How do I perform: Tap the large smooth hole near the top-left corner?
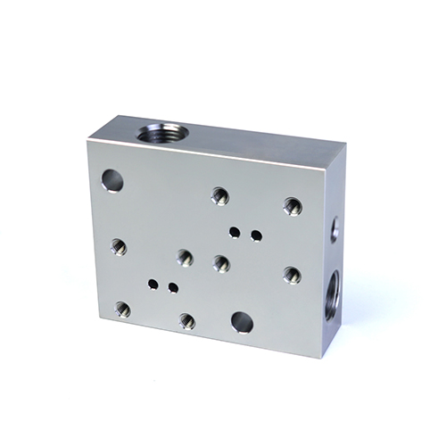pos(112,181)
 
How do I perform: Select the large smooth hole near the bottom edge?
pos(241,321)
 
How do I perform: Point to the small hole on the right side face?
pos(334,227)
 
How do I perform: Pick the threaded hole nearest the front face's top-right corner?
pos(292,206)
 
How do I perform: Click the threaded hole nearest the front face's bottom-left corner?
pos(122,310)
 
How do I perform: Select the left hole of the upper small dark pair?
pos(235,233)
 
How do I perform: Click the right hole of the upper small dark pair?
pos(256,235)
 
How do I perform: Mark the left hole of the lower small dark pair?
pos(153,285)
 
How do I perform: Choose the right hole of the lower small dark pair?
pos(173,287)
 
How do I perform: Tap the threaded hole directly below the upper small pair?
pos(221,263)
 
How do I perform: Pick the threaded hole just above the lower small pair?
pos(185,258)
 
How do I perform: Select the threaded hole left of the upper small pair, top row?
pos(219,196)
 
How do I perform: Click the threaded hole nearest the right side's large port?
pos(292,275)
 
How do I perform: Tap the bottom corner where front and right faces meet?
pos(313,357)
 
